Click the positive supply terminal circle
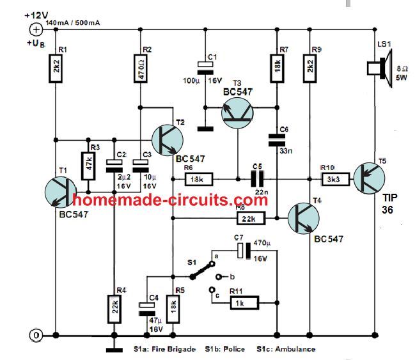36,28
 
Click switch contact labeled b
219,276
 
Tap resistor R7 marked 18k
278,67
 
